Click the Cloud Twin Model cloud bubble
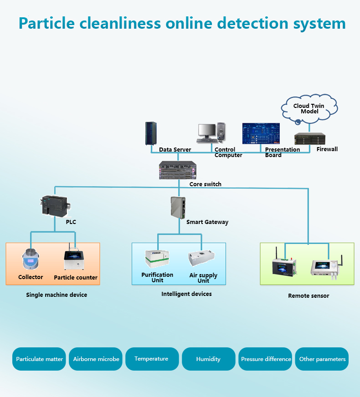[309, 109]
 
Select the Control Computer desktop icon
[211, 133]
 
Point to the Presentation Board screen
[260, 134]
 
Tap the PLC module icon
[54, 206]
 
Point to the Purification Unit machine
[157, 260]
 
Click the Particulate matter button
[40, 359]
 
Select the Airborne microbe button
[96, 359]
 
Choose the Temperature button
[152, 359]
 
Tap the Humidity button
[208, 359]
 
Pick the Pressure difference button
[266, 359]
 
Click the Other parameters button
[322, 359]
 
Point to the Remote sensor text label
[309, 296]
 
